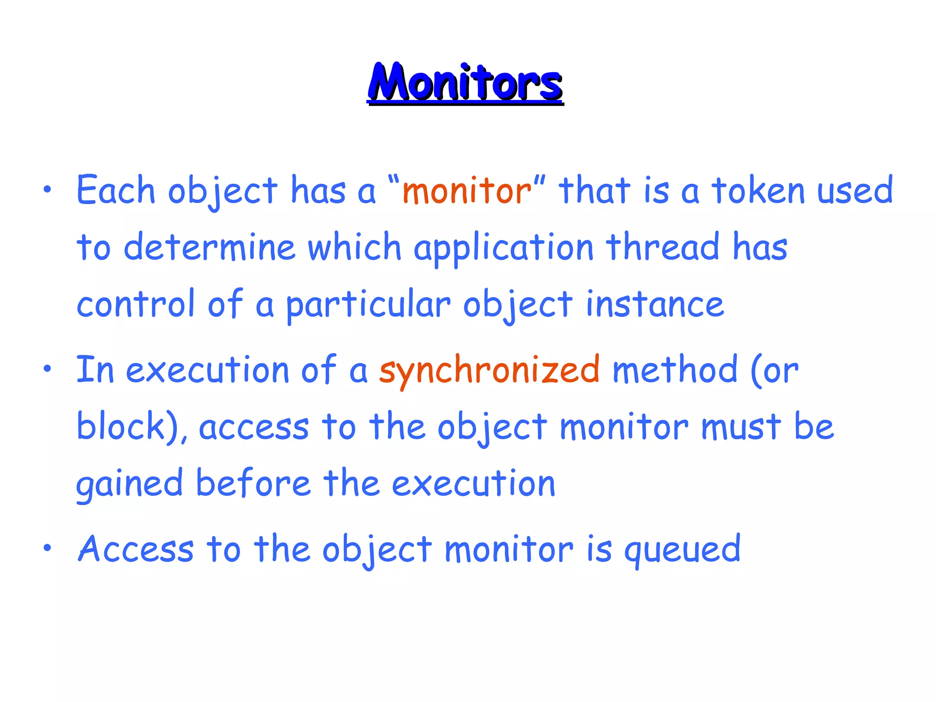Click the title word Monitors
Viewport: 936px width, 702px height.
point(465,82)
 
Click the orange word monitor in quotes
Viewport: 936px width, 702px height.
point(466,191)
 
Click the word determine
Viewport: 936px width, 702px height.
point(210,247)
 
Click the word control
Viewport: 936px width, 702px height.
point(135,304)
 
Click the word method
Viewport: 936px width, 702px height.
point(675,369)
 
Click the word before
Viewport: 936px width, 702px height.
point(253,483)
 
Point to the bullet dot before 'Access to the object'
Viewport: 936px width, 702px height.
point(47,548)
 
